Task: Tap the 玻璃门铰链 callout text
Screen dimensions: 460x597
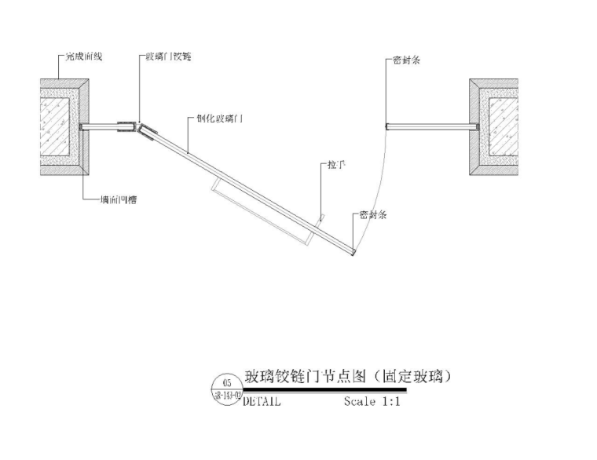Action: (168, 57)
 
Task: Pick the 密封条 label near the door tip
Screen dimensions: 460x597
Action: (372, 214)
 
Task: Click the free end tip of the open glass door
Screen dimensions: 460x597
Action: (353, 254)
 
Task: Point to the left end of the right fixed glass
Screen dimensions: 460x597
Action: (386, 126)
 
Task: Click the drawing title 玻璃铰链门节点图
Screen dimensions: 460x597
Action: (306, 377)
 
